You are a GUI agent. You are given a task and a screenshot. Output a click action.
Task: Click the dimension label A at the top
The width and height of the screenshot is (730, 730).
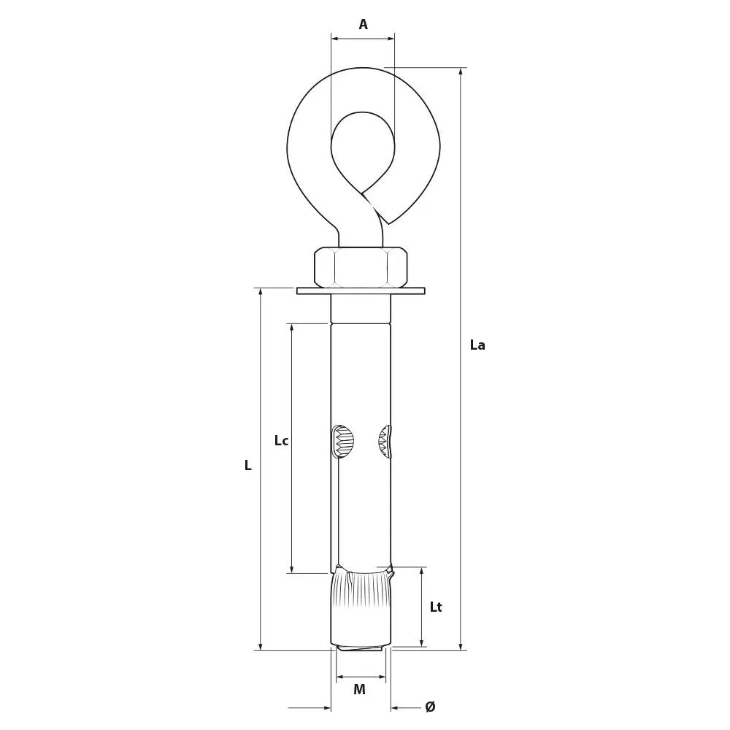click(363, 25)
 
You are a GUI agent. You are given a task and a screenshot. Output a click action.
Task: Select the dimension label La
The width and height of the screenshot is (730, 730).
click(477, 345)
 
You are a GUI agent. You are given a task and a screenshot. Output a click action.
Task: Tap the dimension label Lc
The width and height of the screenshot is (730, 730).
click(281, 441)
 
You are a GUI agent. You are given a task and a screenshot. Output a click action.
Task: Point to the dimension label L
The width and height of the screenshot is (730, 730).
click(248, 466)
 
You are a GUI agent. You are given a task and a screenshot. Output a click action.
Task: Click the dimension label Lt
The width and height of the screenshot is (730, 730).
click(436, 607)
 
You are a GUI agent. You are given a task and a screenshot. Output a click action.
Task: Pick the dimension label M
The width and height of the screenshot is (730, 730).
click(359, 690)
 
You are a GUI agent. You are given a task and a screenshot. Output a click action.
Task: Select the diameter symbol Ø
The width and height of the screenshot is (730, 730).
click(430, 707)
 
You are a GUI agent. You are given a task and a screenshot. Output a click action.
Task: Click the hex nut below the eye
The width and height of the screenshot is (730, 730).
click(361, 267)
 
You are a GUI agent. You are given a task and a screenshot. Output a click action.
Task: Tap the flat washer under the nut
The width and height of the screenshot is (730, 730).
click(361, 291)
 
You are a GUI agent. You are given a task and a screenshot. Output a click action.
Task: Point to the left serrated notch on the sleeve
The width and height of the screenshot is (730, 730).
click(342, 442)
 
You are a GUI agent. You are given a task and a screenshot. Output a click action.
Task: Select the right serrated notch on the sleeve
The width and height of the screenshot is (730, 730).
click(385, 442)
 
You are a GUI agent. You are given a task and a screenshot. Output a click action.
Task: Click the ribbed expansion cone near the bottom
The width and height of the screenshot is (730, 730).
click(361, 590)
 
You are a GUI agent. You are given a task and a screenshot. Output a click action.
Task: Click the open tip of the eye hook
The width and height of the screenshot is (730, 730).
click(388, 222)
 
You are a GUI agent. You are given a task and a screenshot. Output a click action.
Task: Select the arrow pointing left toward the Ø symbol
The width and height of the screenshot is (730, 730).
click(395, 707)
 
